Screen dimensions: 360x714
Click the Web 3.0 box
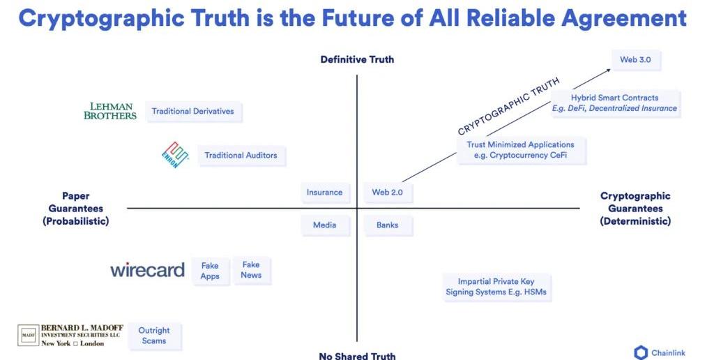pos(635,60)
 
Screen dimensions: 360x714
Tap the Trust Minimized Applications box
pos(521,150)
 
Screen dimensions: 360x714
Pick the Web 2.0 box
pos(388,193)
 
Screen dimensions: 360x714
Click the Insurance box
pos(324,193)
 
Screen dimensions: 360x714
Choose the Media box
pos(324,225)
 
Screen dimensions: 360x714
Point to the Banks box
pos(388,225)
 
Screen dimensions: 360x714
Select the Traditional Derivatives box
pos(193,112)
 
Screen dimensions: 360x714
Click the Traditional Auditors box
pos(241,156)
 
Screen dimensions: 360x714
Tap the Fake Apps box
pos(210,271)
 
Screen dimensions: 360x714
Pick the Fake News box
pos(251,270)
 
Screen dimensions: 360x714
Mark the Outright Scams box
pos(154,336)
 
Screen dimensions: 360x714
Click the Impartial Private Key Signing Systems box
pos(496,287)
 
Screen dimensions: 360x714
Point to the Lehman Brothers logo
pos(110,111)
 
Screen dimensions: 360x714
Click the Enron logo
pos(174,155)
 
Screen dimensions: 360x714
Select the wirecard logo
pos(147,271)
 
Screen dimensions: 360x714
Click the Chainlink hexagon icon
pos(641,352)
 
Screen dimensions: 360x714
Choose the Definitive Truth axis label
pos(357,59)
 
